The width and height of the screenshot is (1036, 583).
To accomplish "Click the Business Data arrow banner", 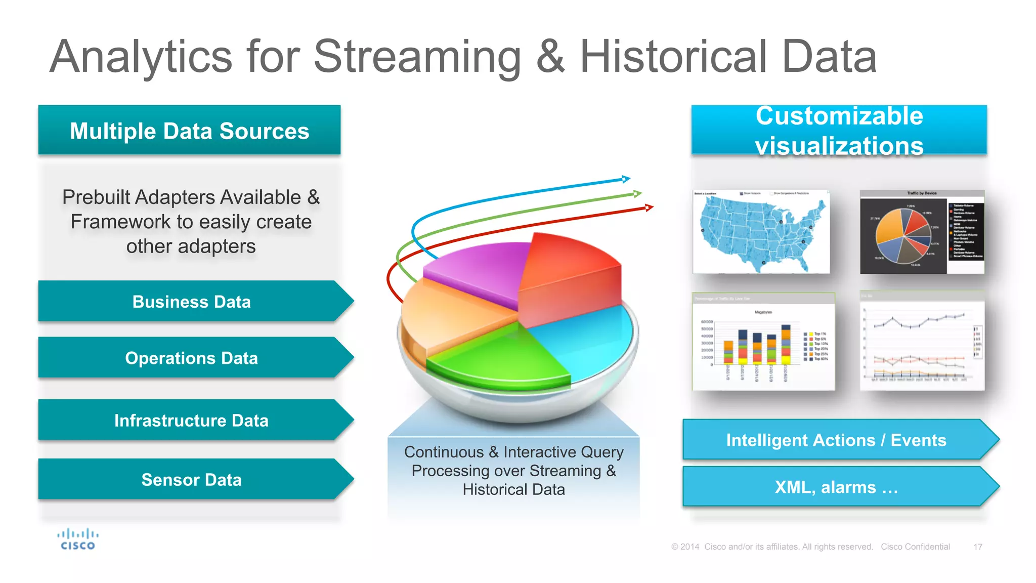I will pos(191,302).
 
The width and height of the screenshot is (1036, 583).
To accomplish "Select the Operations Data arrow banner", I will pos(191,358).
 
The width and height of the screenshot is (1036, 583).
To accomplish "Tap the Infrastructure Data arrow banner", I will pos(191,420).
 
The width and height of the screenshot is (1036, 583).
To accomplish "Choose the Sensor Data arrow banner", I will pos(191,479).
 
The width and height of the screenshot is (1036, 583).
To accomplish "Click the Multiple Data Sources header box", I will pos(189,130).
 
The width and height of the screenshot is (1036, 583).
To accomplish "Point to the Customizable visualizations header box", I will pos(839,130).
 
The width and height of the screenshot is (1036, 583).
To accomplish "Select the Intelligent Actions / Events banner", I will pos(836,440).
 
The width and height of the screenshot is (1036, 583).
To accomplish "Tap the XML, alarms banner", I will pos(836,487).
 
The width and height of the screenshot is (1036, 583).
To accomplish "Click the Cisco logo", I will pos(77,539).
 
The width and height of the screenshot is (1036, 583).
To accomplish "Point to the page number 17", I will pos(977,547).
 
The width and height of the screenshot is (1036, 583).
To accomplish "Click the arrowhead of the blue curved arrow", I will pos(626,179).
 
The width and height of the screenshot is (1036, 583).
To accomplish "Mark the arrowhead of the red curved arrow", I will pos(649,207).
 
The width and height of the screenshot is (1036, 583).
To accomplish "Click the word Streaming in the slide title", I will pos(417,57).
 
